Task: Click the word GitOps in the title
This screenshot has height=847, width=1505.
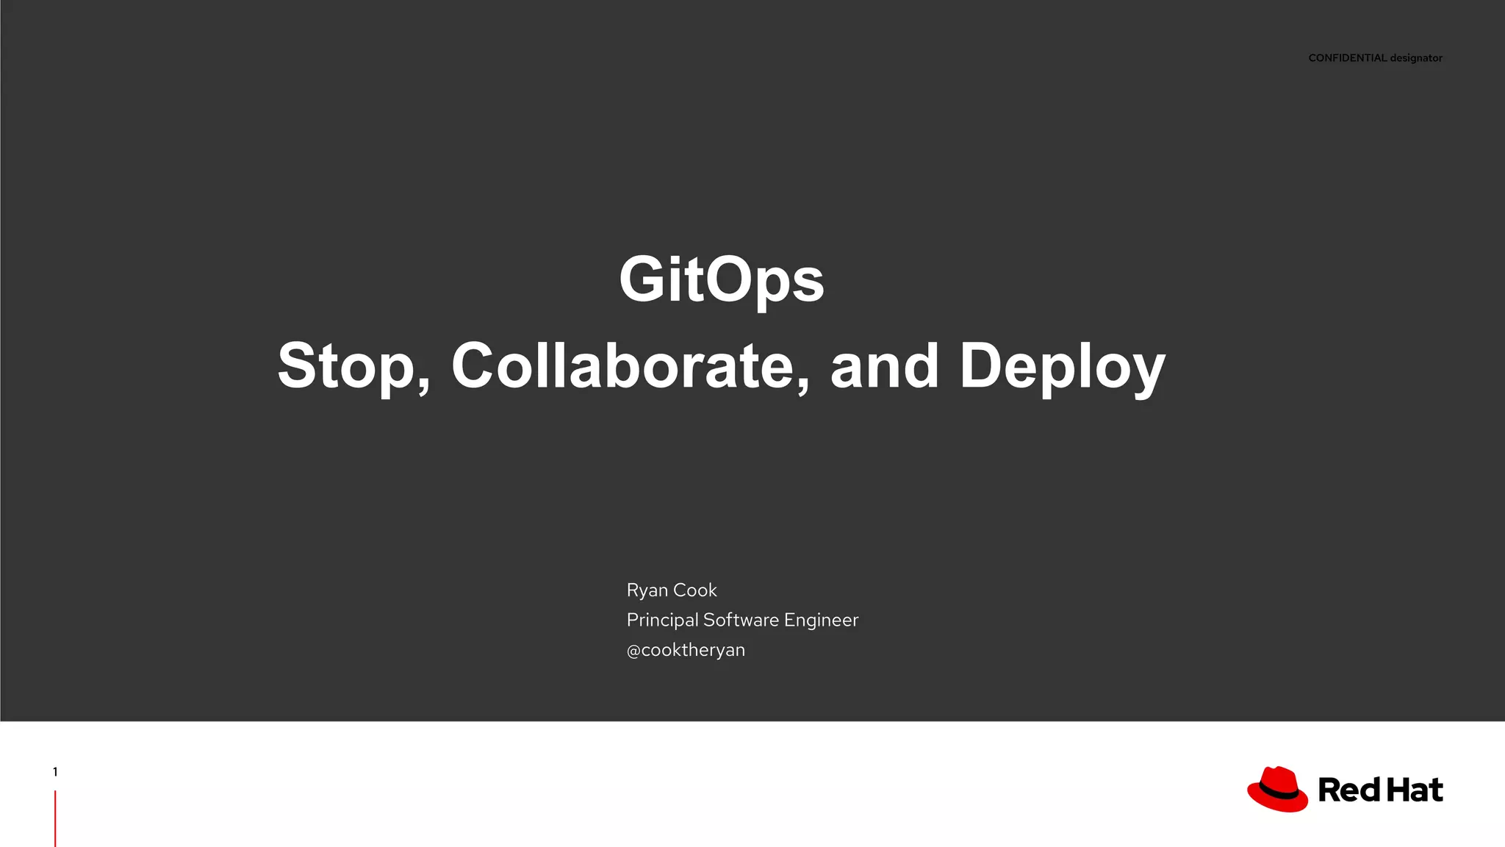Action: tap(721, 279)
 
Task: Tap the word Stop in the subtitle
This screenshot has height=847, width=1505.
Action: tap(345, 366)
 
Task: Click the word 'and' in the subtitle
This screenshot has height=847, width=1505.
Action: tap(884, 365)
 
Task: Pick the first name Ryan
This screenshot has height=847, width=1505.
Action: tap(647, 590)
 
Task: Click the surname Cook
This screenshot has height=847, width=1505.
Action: tap(694, 590)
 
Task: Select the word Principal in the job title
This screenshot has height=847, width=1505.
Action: tap(662, 621)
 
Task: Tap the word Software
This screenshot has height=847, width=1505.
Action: tap(740, 620)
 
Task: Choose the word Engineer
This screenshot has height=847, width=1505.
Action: tap(821, 621)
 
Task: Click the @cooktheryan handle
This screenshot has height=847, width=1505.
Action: tap(686, 650)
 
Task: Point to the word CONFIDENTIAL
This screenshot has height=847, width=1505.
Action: tap(1347, 58)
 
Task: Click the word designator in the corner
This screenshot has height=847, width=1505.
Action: tap(1416, 58)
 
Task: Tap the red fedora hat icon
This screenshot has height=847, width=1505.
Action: tap(1277, 789)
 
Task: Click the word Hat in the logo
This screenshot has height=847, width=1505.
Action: tap(1415, 790)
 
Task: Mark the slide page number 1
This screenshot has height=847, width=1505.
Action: tap(55, 772)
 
